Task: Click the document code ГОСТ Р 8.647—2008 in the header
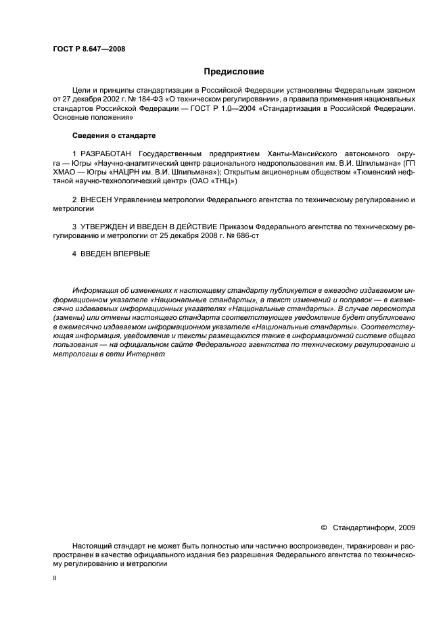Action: click(x=89, y=49)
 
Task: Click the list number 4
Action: click(x=74, y=254)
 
